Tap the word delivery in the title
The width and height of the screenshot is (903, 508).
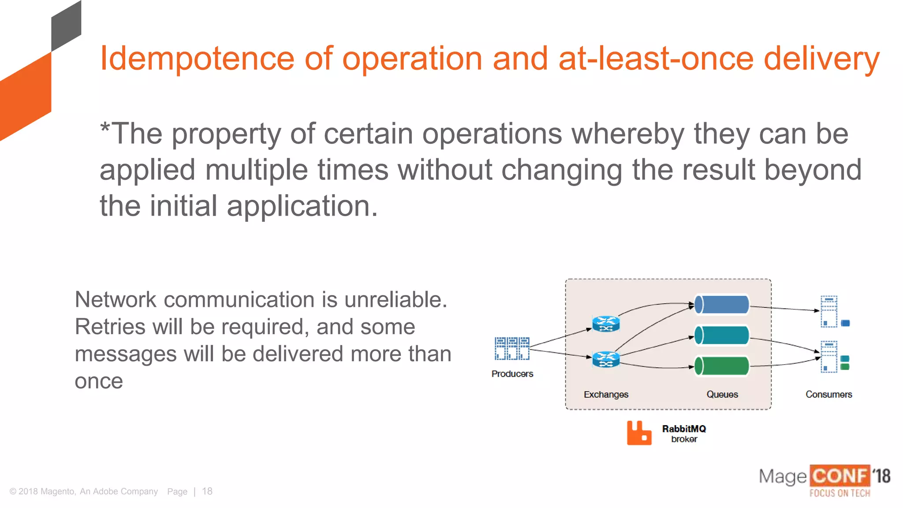click(821, 59)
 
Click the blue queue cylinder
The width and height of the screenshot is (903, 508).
click(722, 305)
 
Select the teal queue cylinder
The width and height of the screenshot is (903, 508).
click(722, 336)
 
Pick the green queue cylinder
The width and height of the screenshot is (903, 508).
click(722, 366)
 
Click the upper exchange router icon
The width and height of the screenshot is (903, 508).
click(606, 324)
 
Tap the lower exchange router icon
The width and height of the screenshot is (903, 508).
click(606, 359)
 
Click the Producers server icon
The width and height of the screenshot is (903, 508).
click(512, 348)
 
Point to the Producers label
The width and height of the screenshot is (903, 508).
click(512, 374)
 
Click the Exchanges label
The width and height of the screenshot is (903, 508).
click(606, 394)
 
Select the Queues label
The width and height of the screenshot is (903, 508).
click(722, 394)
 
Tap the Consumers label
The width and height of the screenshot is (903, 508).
click(828, 394)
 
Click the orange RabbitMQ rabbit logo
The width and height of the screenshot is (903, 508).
click(639, 433)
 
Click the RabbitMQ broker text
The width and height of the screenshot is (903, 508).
click(684, 433)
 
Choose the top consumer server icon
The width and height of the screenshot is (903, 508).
click(829, 311)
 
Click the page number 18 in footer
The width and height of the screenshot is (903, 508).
click(207, 491)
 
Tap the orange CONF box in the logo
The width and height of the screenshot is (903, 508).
click(840, 476)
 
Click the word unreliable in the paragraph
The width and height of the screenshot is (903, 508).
click(396, 300)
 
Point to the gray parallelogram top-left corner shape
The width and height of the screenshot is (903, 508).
click(66, 26)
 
